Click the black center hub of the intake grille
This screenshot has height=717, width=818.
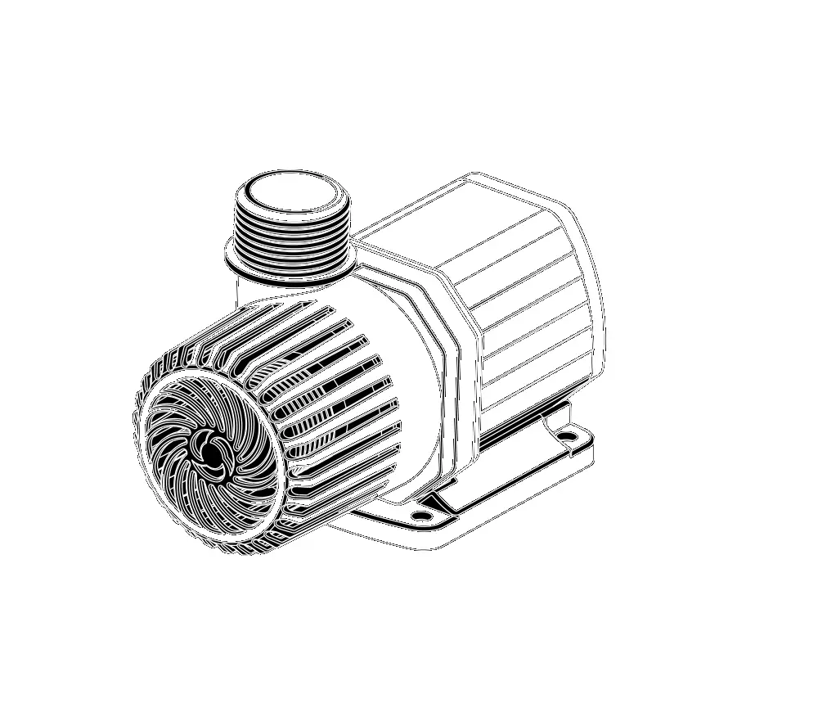(211, 452)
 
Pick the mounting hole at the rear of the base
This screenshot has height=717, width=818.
(566, 435)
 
